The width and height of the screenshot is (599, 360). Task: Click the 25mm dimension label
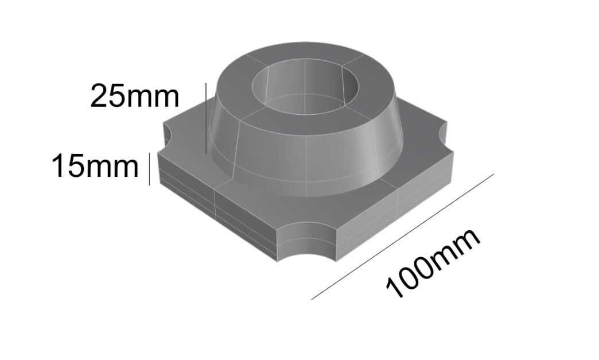(135, 96)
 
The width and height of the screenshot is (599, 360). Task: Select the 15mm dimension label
(95, 167)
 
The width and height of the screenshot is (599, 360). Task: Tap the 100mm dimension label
(433, 263)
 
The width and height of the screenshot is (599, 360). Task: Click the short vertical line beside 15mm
(149, 169)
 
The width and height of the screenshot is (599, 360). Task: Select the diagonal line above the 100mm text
(402, 237)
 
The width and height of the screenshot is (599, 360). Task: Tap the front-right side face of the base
(396, 212)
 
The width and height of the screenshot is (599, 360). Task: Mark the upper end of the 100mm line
(492, 175)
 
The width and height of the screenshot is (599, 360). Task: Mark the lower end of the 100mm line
(312, 299)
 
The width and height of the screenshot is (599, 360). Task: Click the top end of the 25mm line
(205, 84)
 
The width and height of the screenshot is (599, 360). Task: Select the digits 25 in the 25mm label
(107, 96)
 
